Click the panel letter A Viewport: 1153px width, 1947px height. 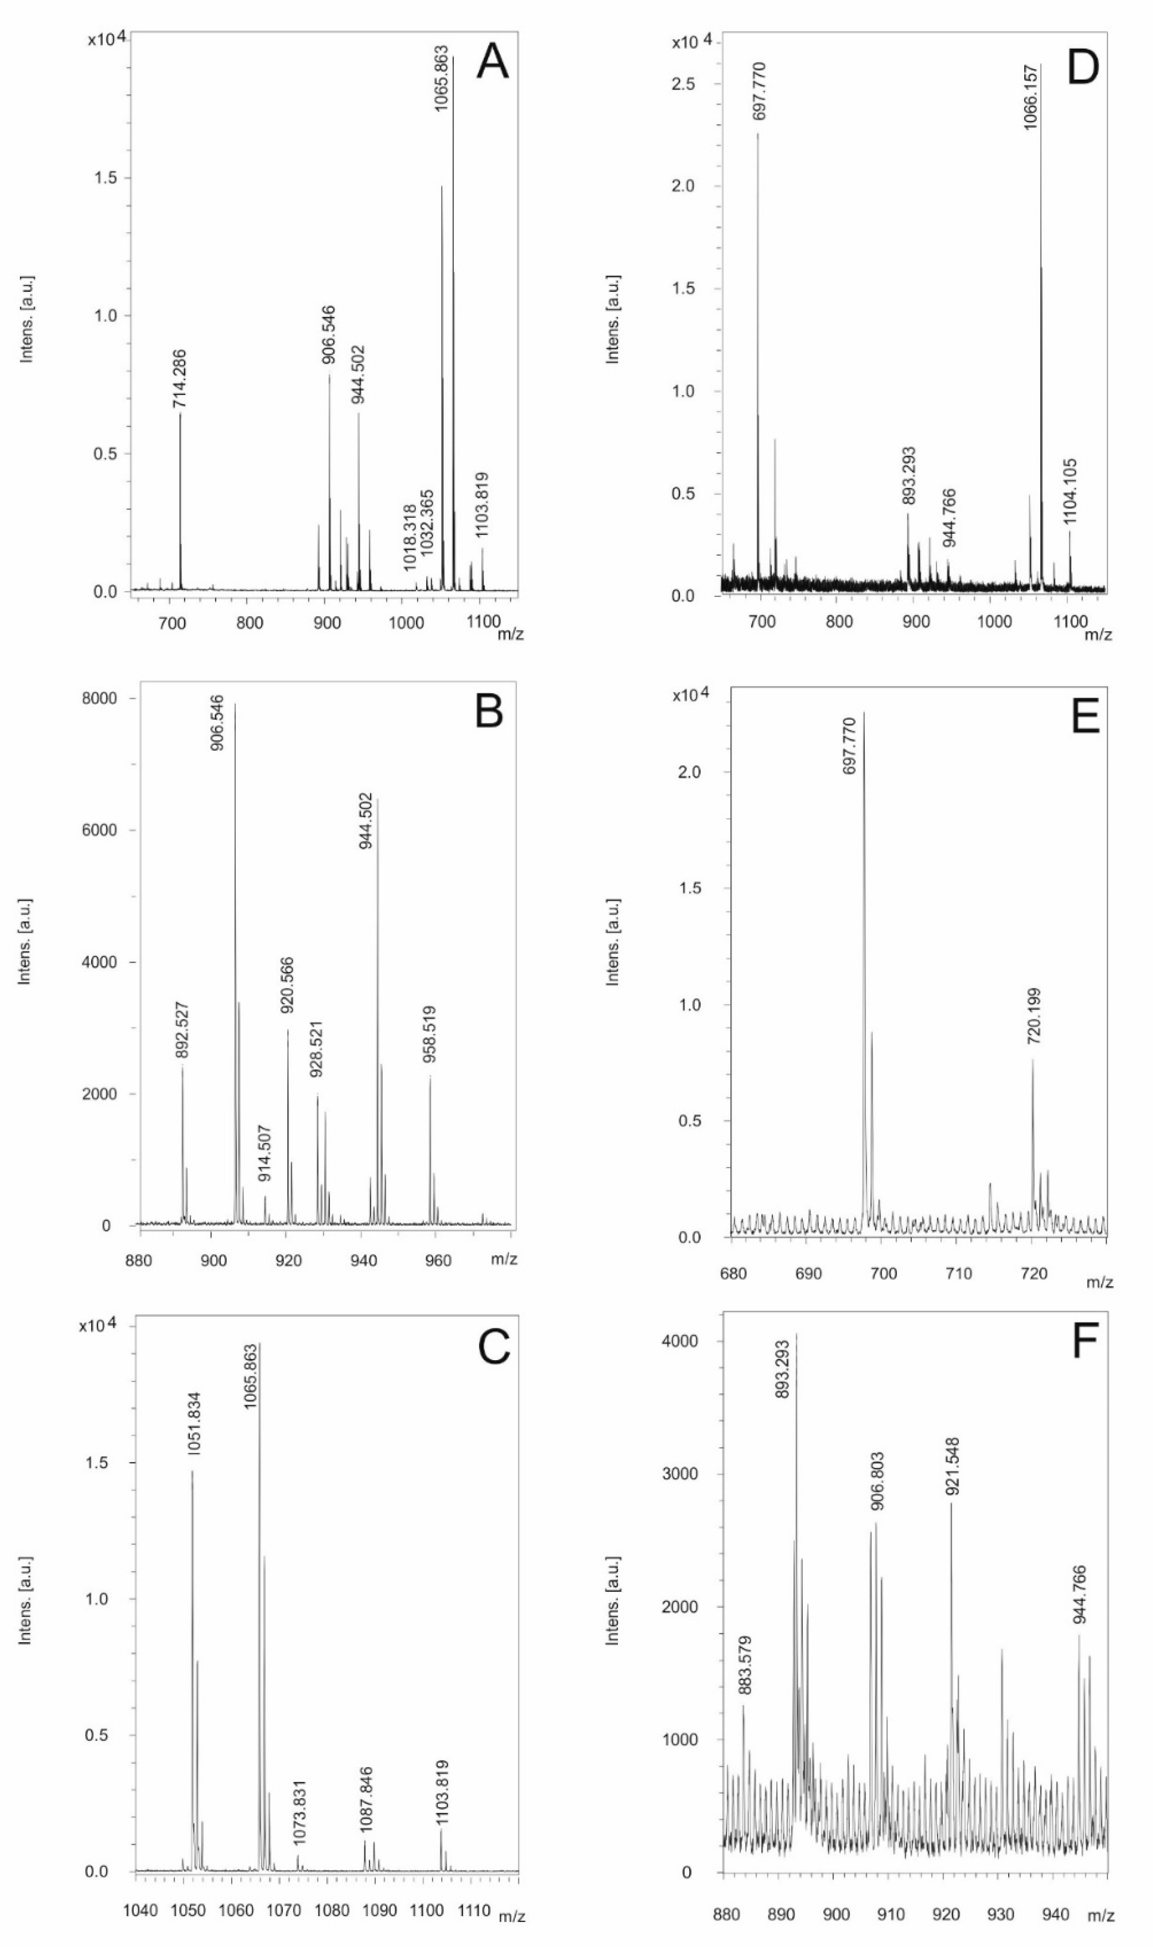click(492, 62)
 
